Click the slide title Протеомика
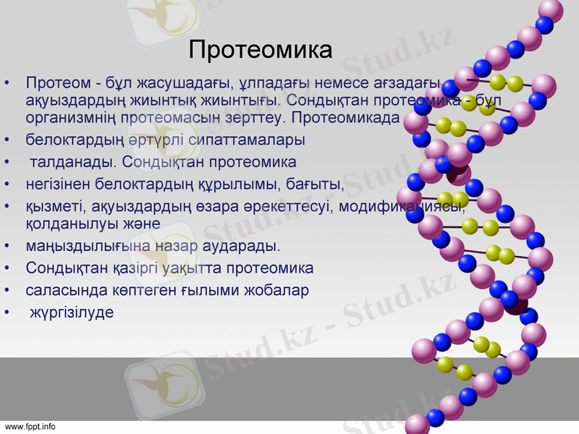tap(260, 50)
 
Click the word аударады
tap(240, 246)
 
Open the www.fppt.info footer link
tap(30, 427)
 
